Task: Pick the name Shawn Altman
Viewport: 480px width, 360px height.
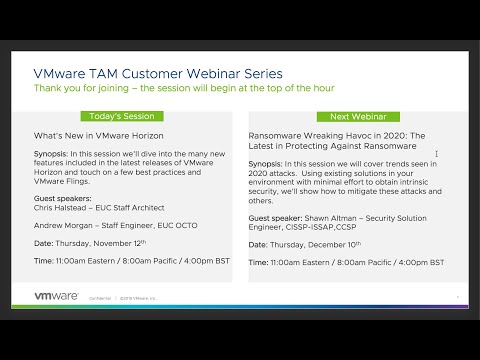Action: pos(326,217)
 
